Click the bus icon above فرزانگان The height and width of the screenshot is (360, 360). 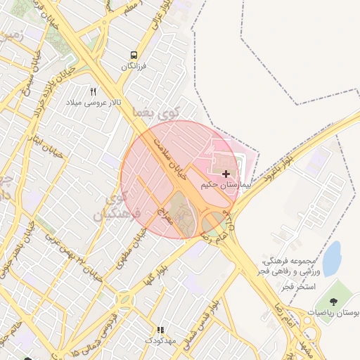coord(134,55)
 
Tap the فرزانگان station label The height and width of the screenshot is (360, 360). coord(133,66)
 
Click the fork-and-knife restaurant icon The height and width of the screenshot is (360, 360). coord(94,91)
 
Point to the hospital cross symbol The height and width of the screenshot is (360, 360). coord(226,173)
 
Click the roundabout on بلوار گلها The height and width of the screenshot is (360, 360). coord(125,300)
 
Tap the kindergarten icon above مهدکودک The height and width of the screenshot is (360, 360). coord(160,329)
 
